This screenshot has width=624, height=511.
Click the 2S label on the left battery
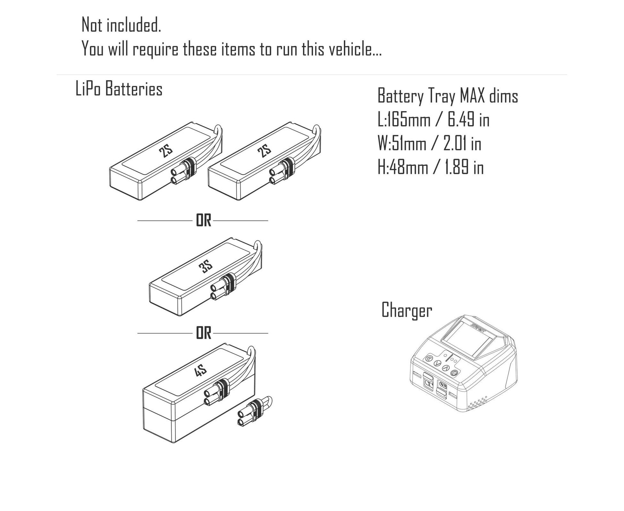coord(166,151)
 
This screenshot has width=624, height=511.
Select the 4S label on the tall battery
coord(200,371)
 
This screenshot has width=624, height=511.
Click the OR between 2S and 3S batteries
coord(203,221)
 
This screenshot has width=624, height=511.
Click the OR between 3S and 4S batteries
coord(203,333)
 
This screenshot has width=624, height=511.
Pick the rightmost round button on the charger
coord(454,373)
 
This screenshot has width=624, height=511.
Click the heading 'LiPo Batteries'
coord(119,89)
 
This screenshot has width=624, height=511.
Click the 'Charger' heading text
coord(407,310)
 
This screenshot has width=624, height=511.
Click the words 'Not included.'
coord(121,25)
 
